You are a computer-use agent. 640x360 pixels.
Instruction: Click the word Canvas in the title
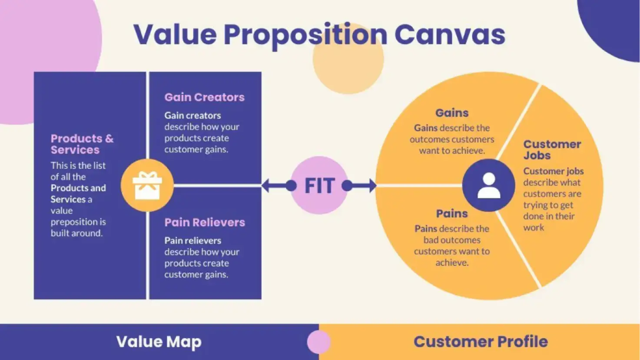click(450, 35)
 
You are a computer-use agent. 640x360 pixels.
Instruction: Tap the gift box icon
click(147, 186)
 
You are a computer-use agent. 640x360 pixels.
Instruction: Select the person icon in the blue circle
click(489, 186)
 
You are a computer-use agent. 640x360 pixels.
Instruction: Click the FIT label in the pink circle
click(319, 186)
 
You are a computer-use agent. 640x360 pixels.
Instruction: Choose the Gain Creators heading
click(204, 97)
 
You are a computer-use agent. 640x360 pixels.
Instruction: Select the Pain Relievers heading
click(205, 223)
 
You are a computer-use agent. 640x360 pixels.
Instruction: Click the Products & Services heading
click(82, 144)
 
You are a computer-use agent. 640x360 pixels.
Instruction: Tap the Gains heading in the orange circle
click(452, 113)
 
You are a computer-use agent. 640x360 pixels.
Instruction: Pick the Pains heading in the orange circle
click(452, 214)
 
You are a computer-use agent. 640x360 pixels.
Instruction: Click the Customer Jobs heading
click(552, 150)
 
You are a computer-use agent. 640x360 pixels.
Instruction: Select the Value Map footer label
click(159, 342)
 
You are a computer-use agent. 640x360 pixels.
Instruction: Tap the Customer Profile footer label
click(481, 342)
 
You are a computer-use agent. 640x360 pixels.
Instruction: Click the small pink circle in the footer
click(319, 342)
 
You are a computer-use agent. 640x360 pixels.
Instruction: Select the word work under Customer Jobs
click(534, 227)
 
